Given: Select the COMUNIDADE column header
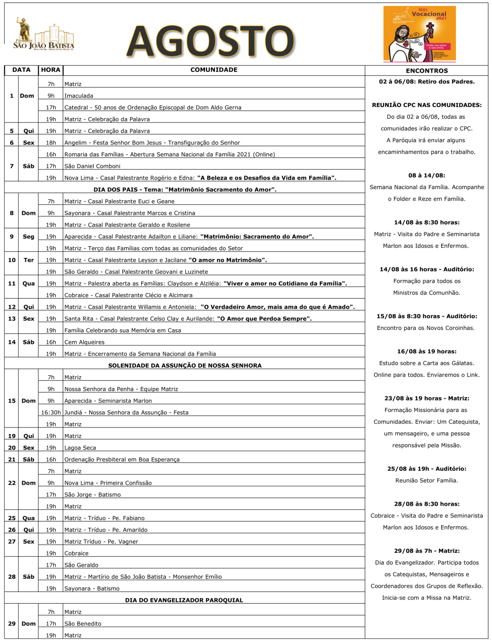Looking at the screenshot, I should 214,70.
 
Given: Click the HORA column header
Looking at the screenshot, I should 51,70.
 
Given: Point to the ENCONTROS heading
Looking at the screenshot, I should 426,71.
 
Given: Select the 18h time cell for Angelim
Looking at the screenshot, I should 51,143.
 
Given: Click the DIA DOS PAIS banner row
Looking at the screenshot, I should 184,190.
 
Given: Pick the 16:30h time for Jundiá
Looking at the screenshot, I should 51,412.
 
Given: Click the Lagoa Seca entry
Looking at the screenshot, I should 80,448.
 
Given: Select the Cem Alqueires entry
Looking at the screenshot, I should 84,342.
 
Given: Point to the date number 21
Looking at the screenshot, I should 12,460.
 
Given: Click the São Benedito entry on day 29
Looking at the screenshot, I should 83,624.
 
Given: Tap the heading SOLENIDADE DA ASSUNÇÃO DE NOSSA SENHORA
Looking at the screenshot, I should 184,366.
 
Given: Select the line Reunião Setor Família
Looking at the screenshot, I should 426,481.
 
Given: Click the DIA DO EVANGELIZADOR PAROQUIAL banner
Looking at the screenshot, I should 184,600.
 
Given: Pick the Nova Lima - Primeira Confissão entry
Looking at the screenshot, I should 108,483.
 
